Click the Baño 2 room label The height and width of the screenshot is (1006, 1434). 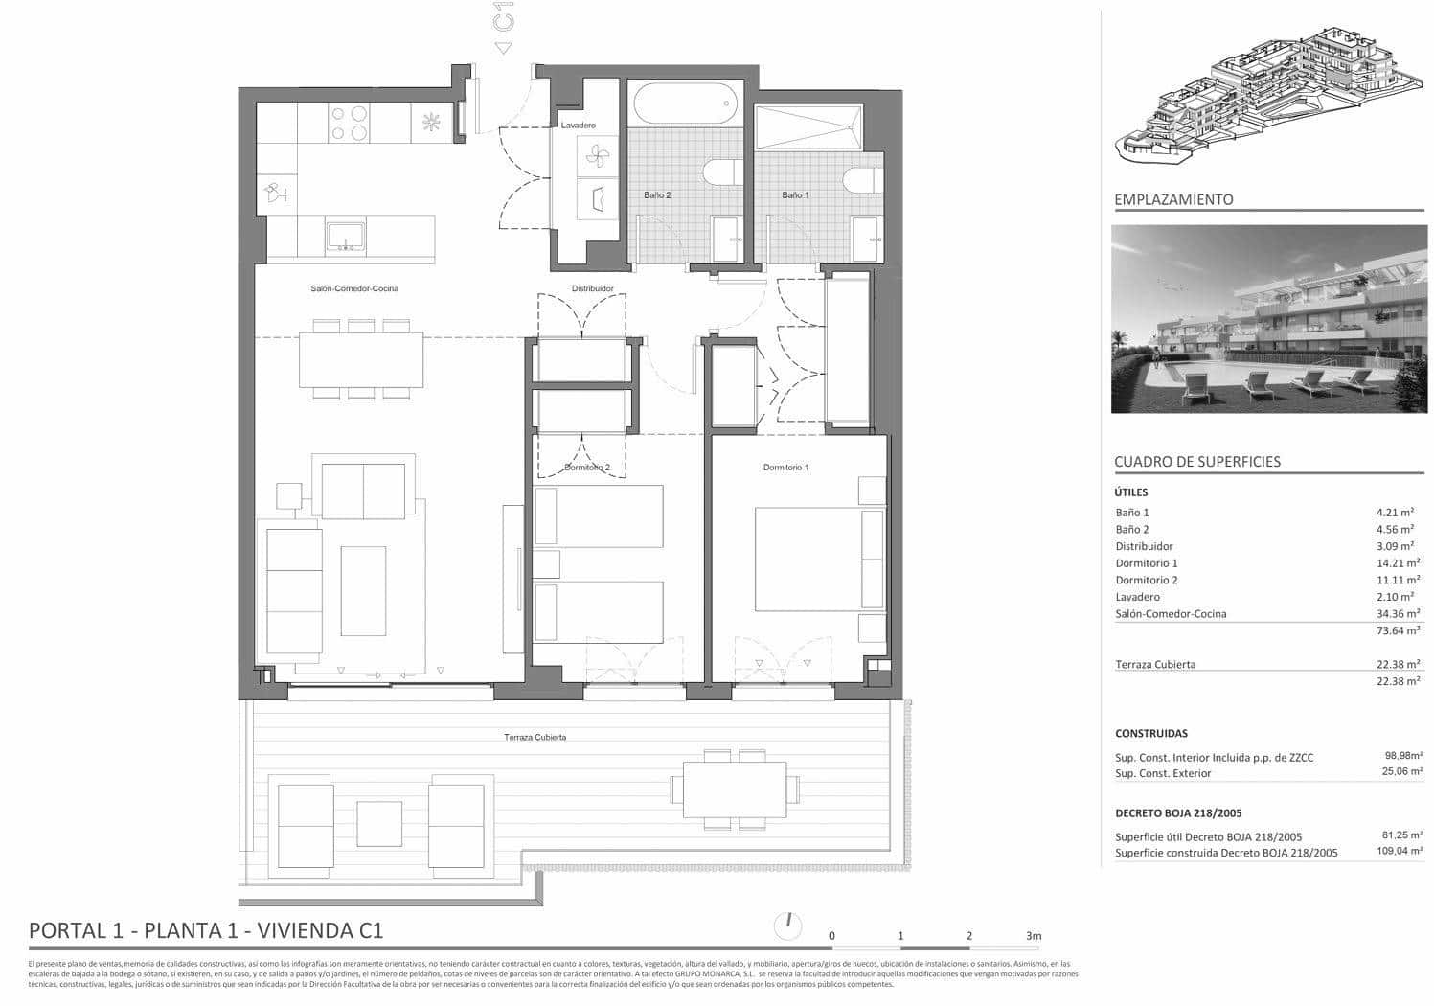click(x=656, y=195)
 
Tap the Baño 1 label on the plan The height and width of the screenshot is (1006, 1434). click(x=795, y=195)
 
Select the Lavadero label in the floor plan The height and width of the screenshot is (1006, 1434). click(x=578, y=126)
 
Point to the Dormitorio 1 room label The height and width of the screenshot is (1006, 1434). click(x=785, y=468)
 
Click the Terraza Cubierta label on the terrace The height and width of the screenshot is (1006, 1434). click(x=535, y=737)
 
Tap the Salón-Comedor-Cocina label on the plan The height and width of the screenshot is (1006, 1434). click(x=354, y=288)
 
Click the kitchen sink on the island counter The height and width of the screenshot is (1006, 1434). click(x=345, y=236)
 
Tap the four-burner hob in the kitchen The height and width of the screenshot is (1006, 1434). click(x=349, y=124)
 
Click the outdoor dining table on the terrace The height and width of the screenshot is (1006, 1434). click(x=735, y=788)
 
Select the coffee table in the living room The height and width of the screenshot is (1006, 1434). click(x=363, y=590)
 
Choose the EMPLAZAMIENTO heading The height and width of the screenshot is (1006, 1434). click(x=1173, y=200)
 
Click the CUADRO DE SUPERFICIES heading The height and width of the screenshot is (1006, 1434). click(x=1196, y=462)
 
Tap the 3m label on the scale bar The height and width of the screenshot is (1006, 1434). click(x=1033, y=936)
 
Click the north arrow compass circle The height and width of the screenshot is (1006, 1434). click(x=787, y=926)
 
